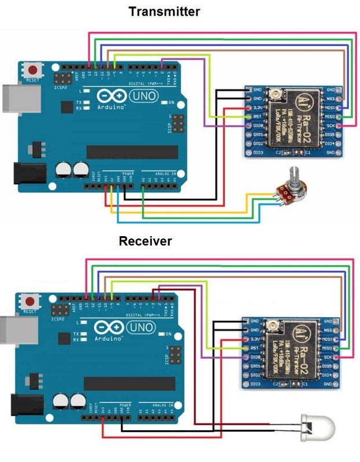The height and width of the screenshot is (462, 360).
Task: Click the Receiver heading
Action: [145, 241]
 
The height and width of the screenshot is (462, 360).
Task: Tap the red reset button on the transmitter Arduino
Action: [31, 70]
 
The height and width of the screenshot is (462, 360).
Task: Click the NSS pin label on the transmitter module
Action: [331, 99]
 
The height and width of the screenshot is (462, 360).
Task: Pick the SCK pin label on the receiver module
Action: [328, 357]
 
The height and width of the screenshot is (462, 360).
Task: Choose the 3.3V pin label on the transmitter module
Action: [257, 108]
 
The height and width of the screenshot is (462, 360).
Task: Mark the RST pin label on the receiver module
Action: [255, 348]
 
